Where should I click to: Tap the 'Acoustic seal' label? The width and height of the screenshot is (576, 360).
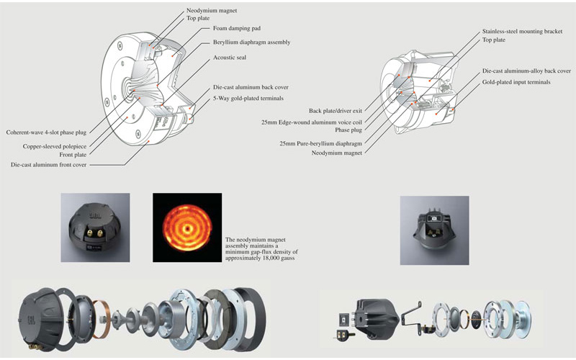(x=230, y=57)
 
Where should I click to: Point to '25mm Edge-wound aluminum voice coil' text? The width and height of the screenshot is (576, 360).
(x=321, y=122)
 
